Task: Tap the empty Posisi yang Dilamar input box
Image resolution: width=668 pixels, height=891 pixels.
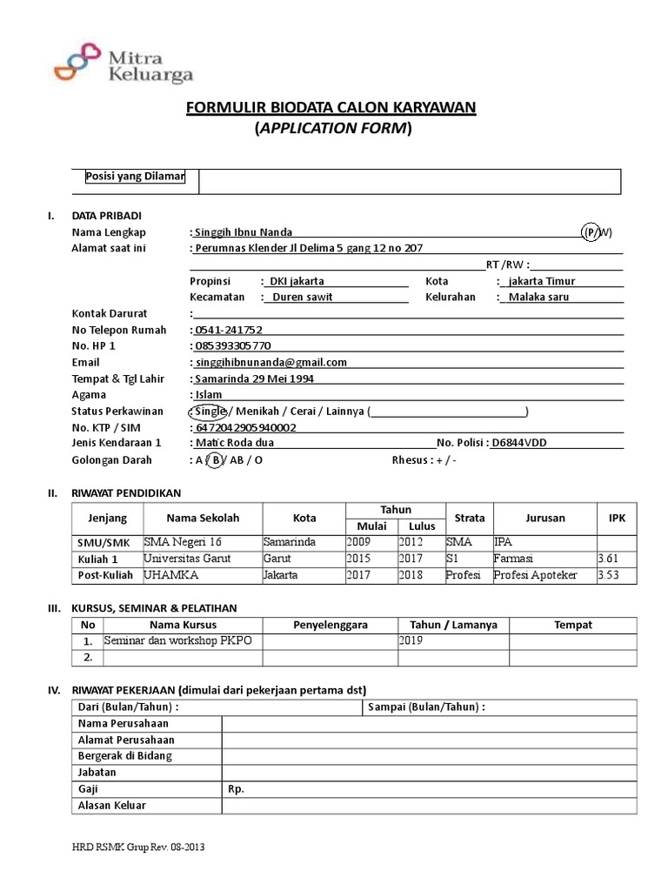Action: [x=409, y=181]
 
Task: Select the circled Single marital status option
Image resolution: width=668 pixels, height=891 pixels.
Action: [x=207, y=411]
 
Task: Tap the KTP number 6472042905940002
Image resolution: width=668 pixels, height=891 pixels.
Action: [x=245, y=427]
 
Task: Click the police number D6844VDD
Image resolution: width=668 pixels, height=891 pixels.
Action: [x=519, y=443]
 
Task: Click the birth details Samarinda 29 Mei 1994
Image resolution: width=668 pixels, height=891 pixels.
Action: [x=254, y=379]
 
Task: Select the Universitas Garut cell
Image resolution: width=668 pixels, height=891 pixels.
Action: [x=187, y=559]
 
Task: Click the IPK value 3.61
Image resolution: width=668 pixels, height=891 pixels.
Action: [x=610, y=559]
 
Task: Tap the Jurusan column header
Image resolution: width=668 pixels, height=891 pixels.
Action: [x=544, y=518]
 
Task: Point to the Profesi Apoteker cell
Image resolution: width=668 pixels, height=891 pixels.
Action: [x=535, y=575]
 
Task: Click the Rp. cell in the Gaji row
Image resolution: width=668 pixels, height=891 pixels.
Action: [x=236, y=788]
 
